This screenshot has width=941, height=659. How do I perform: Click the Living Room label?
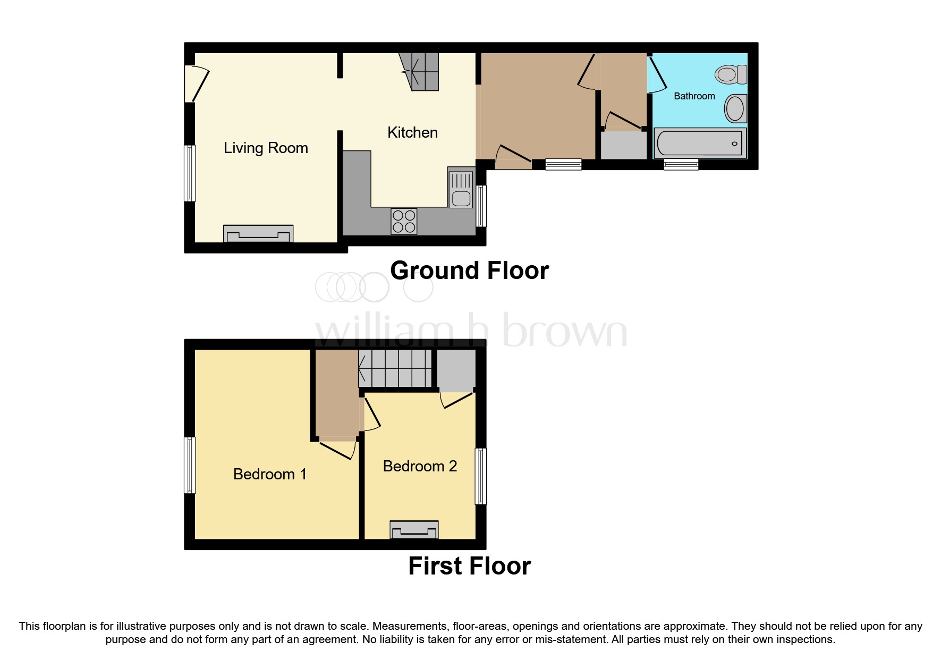pyautogui.click(x=266, y=148)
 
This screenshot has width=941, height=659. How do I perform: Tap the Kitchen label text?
pyautogui.click(x=412, y=132)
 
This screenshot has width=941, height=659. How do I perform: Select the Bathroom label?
pyautogui.click(x=694, y=96)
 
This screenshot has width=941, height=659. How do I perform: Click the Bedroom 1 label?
pyautogui.click(x=269, y=474)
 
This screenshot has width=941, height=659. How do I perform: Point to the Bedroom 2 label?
pyautogui.click(x=420, y=466)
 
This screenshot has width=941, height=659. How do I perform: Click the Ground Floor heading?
pyautogui.click(x=469, y=271)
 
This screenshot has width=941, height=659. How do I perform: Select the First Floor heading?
pyautogui.click(x=469, y=566)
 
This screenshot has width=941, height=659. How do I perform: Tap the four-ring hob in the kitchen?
pyautogui.click(x=404, y=222)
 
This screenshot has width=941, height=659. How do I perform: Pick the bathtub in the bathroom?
pyautogui.click(x=700, y=143)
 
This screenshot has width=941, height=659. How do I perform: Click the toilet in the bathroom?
pyautogui.click(x=731, y=74)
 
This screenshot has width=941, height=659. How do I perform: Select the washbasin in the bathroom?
pyautogui.click(x=735, y=108)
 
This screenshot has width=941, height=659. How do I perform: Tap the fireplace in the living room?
pyautogui.click(x=258, y=233)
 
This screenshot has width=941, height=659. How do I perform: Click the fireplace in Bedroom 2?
pyautogui.click(x=414, y=529)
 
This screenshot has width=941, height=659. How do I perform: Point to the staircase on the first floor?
pyautogui.click(x=395, y=368)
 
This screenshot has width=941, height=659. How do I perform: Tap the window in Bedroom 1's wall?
pyautogui.click(x=190, y=465)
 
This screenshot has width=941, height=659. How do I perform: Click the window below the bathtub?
pyautogui.click(x=681, y=165)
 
